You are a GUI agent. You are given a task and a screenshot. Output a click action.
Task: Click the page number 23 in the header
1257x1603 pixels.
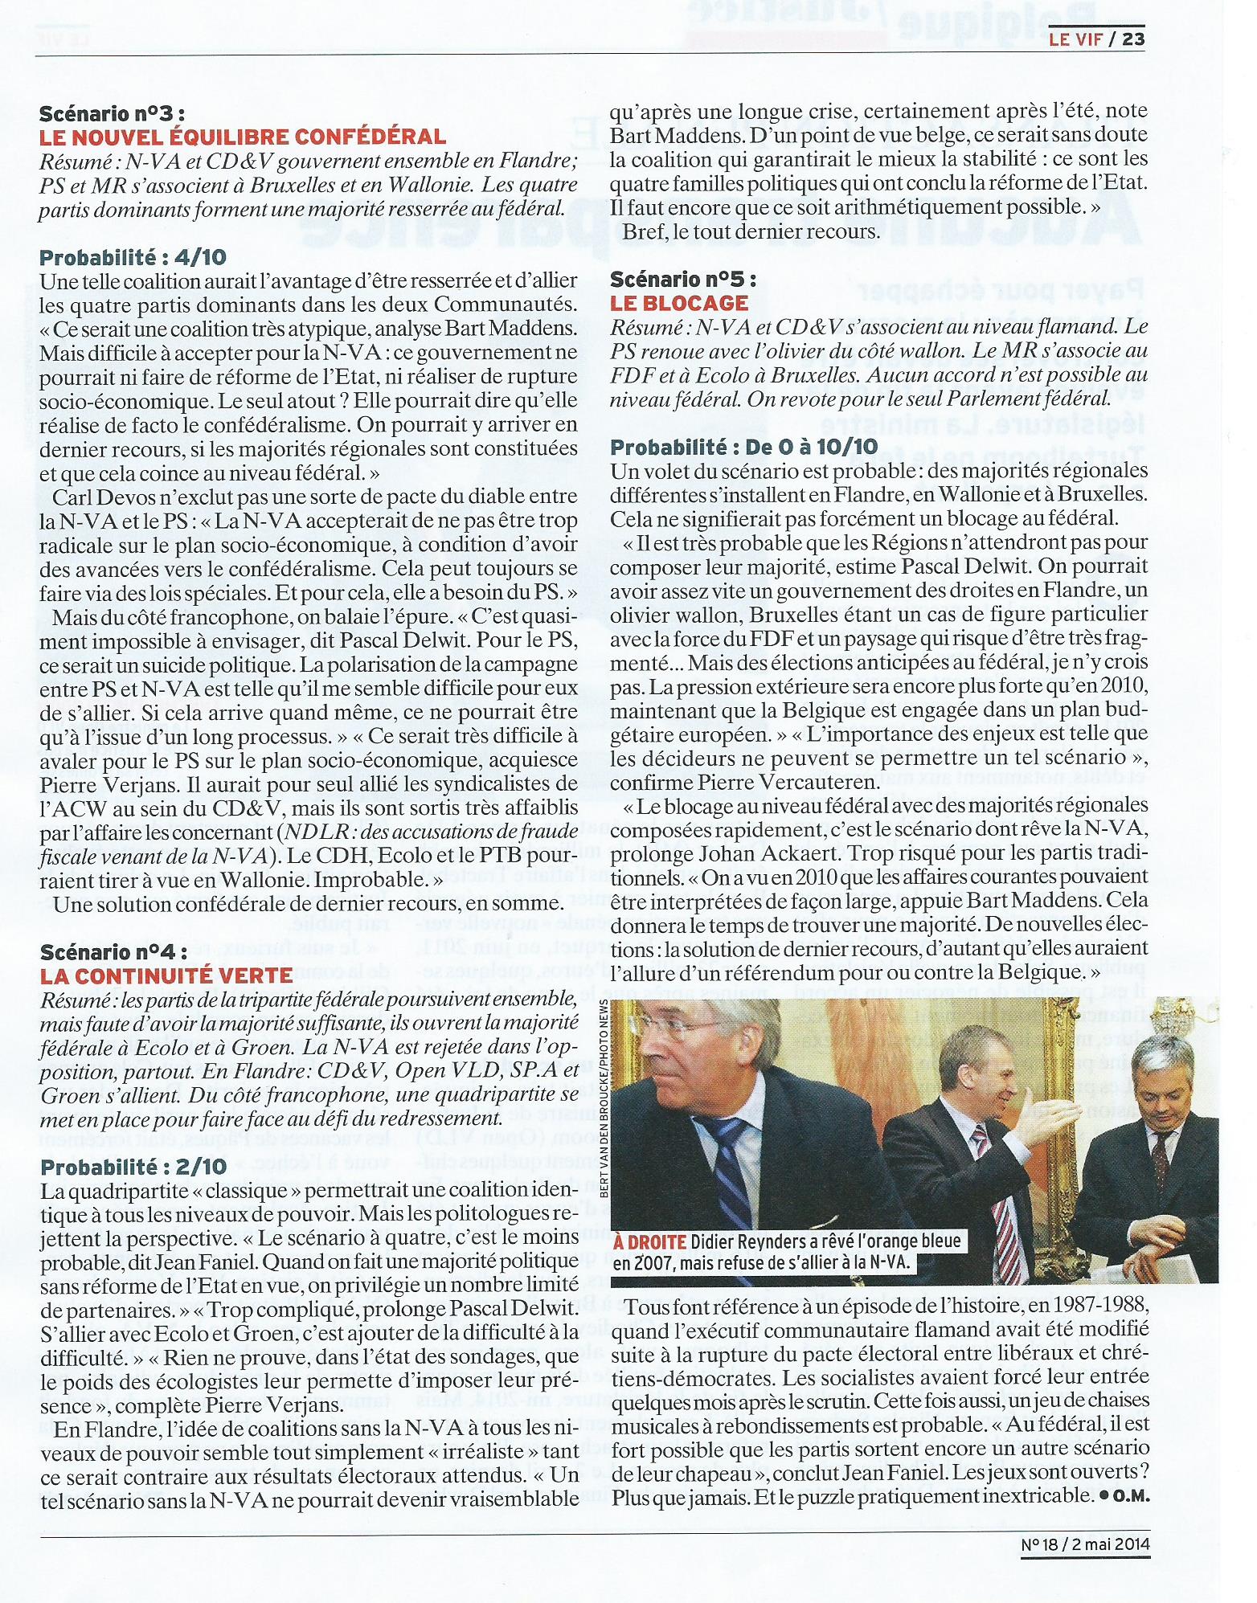1133,39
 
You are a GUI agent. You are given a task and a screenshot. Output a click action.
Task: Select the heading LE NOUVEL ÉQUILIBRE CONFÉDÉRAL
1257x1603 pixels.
242,137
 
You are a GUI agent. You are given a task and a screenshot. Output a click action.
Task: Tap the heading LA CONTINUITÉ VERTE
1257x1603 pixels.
166,975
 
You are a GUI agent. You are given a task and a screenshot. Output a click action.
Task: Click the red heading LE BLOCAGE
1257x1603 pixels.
678,303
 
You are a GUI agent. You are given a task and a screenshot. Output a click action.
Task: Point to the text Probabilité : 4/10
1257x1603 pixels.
133,257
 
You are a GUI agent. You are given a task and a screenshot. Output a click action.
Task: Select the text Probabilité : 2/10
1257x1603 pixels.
133,1167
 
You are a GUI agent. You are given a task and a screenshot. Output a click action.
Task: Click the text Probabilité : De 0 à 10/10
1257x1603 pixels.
744,447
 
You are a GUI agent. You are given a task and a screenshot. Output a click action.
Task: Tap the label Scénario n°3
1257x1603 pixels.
117,113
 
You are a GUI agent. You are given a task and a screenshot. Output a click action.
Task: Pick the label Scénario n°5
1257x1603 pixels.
683,279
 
